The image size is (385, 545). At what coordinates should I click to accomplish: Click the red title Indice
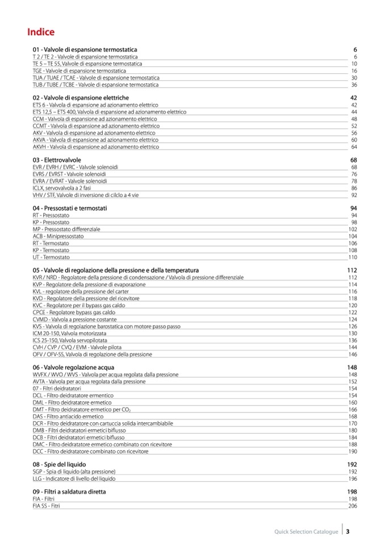41,32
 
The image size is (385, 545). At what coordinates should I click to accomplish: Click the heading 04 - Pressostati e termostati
70,208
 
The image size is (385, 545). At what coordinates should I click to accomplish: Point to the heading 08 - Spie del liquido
60,464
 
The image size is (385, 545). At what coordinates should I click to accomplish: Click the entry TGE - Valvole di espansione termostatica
79,70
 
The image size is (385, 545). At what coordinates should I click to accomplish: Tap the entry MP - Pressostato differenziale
66,229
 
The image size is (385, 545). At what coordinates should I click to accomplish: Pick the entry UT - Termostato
51,257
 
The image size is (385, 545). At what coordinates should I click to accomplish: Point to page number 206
353,506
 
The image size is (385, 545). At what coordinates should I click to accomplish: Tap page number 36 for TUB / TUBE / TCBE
354,85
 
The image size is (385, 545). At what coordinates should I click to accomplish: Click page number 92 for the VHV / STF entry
354,195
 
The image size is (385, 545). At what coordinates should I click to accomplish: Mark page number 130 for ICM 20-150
353,334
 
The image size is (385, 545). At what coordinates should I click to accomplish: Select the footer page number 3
348,532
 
